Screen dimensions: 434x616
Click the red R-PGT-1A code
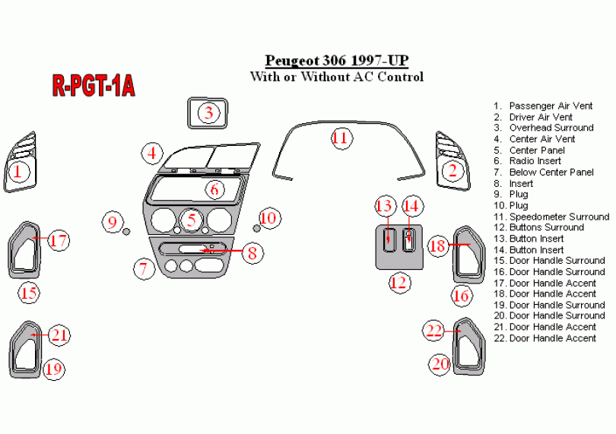pyautogui.click(x=94, y=86)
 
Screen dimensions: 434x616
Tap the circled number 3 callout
pyautogui.click(x=210, y=113)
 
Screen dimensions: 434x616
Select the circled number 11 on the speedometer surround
pyautogui.click(x=339, y=138)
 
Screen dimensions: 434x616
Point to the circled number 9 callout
pyautogui.click(x=113, y=222)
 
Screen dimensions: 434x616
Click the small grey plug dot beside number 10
pyautogui.click(x=257, y=228)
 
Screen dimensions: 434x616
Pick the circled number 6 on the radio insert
pyautogui.click(x=214, y=189)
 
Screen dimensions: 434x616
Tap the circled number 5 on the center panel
pyautogui.click(x=192, y=221)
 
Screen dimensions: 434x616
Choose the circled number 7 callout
pyautogui.click(x=142, y=268)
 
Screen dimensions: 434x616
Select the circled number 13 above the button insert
pyautogui.click(x=386, y=205)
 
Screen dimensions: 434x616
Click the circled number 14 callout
pyautogui.click(x=411, y=205)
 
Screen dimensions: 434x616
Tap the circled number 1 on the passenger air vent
pyautogui.click(x=18, y=173)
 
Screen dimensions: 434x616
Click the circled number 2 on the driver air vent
pyautogui.click(x=452, y=170)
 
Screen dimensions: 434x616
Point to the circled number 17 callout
pyautogui.click(x=59, y=240)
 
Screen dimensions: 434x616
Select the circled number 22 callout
pyautogui.click(x=434, y=330)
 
